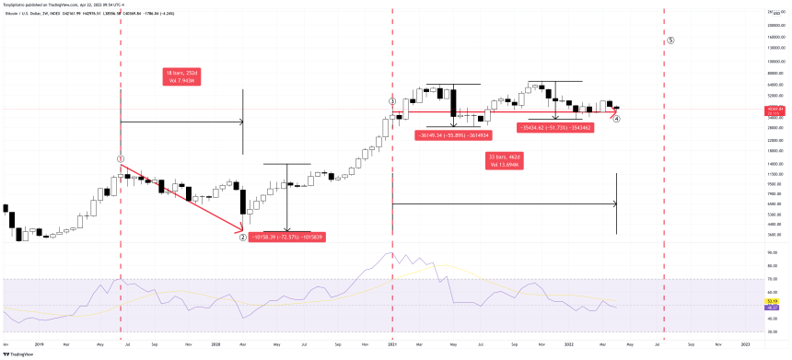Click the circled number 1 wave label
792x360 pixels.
121,158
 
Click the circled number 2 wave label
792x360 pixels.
242,237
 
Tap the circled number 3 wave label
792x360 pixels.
392,100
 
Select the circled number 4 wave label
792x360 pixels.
616,119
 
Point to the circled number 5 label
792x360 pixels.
671,41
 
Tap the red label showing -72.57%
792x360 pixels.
286,237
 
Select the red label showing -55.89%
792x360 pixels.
452,135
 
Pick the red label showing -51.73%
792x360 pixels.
553,127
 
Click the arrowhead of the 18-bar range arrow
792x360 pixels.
240,122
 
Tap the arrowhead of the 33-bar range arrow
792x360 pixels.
613,203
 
